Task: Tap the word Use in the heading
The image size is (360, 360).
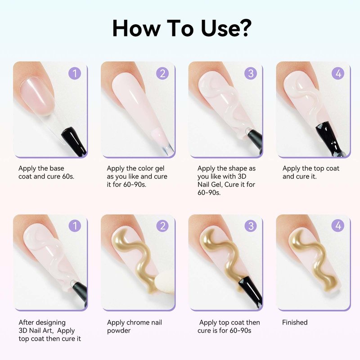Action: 219,28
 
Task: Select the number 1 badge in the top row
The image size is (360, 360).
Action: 75,73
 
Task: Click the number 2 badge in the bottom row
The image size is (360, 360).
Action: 162,226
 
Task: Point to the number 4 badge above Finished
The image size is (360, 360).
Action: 338,226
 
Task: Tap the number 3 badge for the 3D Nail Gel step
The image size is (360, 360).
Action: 251,73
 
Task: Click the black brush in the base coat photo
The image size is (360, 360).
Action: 74,142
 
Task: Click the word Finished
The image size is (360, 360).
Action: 295,322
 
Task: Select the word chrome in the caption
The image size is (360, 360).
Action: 135,322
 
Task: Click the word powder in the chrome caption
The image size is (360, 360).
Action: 119,331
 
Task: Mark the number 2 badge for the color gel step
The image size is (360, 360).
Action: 162,73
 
